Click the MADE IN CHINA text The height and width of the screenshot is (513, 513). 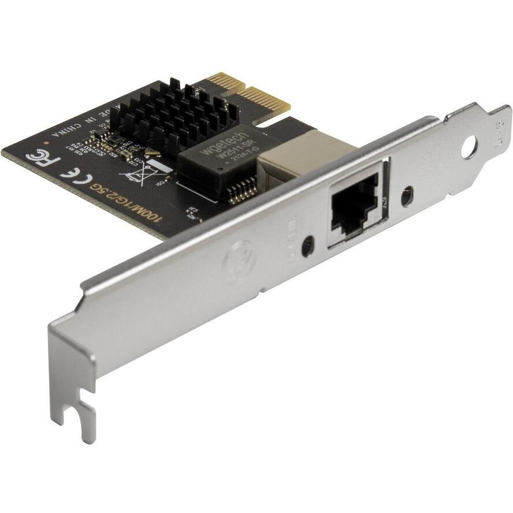[x=78, y=121]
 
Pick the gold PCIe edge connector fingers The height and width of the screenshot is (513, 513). [x=248, y=92]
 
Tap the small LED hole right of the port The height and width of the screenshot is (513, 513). [x=409, y=196]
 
